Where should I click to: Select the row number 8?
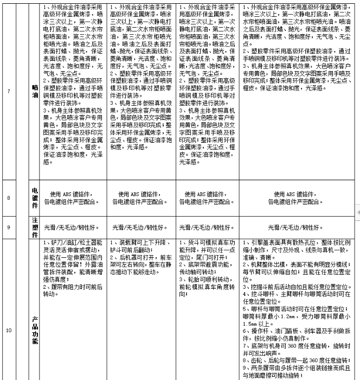[8, 198]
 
